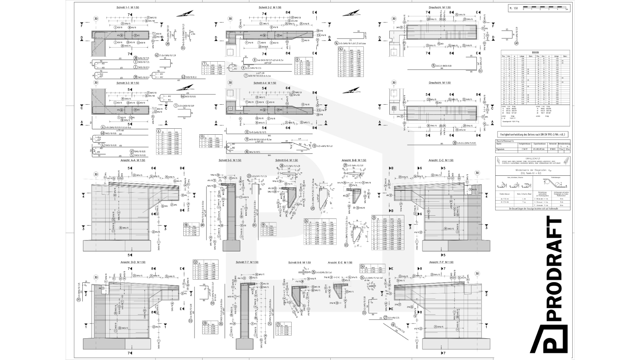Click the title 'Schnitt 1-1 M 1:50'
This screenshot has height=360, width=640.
(x=128, y=7)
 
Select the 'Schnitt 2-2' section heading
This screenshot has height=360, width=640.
(x=270, y=7)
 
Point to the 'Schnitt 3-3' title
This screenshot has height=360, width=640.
(x=128, y=83)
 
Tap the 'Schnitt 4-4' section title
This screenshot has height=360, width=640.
(x=265, y=83)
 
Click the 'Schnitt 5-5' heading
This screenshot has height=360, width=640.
(x=230, y=160)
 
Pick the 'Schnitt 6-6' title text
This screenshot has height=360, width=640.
(x=286, y=160)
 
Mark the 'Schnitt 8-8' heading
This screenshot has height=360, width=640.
(x=299, y=263)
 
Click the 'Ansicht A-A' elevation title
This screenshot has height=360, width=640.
(x=133, y=160)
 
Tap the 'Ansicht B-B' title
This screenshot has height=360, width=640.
(x=354, y=160)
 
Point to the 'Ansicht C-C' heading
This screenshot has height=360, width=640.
(x=441, y=160)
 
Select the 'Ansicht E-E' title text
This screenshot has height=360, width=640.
(x=340, y=263)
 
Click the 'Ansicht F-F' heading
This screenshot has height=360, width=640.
(x=441, y=262)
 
